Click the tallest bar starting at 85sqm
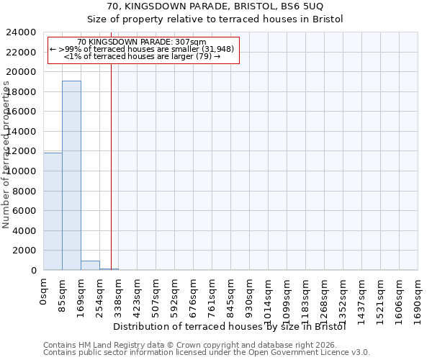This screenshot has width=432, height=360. (x=71, y=175)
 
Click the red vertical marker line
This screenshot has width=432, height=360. (x=111, y=166)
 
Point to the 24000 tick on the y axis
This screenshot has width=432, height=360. (x=22, y=32)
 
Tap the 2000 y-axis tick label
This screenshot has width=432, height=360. (x=24, y=251)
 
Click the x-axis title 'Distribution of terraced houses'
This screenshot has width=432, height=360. (x=230, y=326)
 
